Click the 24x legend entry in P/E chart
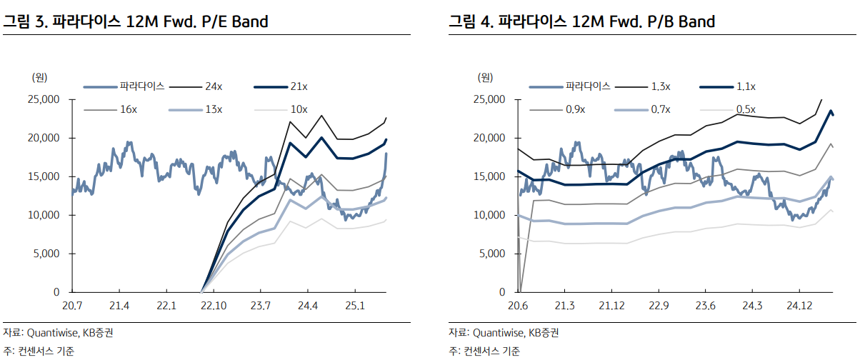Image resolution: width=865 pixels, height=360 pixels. (x=213, y=86)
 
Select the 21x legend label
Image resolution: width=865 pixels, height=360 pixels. (x=299, y=86)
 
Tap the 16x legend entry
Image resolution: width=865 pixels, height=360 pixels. (x=129, y=109)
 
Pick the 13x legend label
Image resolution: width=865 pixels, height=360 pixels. (x=214, y=109)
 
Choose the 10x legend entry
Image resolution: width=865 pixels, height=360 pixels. (x=299, y=109)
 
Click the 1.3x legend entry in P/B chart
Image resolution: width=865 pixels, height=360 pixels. (x=660, y=86)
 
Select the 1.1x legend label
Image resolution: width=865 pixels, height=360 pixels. (x=745, y=86)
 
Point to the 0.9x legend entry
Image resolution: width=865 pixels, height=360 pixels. (x=575, y=109)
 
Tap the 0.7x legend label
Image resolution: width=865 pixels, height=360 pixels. (x=660, y=109)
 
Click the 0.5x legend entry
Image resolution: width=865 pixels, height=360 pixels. (x=745, y=109)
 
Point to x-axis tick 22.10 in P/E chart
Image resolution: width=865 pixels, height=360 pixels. (x=214, y=306)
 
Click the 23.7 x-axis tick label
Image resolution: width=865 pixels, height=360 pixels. (x=260, y=306)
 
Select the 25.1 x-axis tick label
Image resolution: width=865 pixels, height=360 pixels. (x=354, y=306)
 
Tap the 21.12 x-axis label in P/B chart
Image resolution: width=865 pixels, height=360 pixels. (x=611, y=306)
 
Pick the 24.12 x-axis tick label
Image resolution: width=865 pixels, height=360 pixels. (x=799, y=306)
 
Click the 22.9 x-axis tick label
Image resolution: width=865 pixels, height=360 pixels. (x=659, y=306)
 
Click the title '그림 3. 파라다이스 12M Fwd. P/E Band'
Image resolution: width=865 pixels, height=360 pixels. (x=136, y=21)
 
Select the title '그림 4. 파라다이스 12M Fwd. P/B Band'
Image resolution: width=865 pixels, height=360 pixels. (x=582, y=21)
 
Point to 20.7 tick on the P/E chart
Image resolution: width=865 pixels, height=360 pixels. (x=72, y=306)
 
